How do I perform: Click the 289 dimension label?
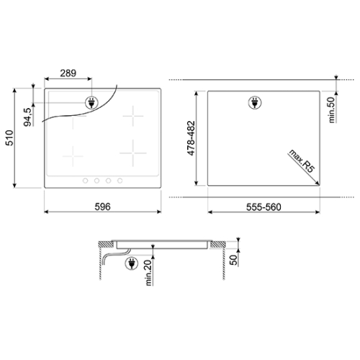coord(68,73)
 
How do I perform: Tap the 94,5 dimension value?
coord(27,117)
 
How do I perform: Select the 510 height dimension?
coord(9,138)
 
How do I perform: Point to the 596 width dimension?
coord(102,207)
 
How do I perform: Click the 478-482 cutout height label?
coord(192,138)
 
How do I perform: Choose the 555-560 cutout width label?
coord(264,207)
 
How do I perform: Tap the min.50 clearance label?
coord(331,110)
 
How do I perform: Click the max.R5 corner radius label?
coord(302,161)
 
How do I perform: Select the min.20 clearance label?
coord(148,273)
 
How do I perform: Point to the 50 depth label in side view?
coord(233,260)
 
